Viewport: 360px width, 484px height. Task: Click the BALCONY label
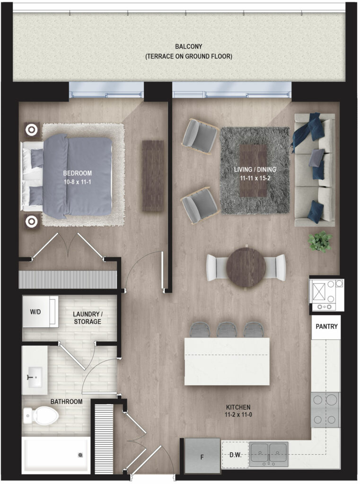tap(188, 46)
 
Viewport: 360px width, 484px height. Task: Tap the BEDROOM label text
tap(77, 173)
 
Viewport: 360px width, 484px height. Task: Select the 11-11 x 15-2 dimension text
tap(255, 178)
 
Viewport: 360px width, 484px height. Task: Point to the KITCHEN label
tap(238, 407)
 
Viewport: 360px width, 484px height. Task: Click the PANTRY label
tap(326, 326)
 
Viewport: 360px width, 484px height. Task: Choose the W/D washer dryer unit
tap(40, 311)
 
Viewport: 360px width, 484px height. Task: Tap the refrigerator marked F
tap(202, 456)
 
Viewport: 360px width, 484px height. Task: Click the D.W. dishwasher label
tap(236, 455)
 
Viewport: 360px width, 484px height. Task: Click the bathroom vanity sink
tap(35, 377)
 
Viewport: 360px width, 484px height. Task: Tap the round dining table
tap(246, 268)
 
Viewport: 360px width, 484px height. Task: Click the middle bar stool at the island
tap(227, 329)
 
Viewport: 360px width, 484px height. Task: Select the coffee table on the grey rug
tap(253, 171)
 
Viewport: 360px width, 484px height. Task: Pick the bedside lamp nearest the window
tap(31, 130)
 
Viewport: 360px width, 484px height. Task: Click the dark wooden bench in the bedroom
tap(153, 176)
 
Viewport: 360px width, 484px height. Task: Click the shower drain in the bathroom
tap(80, 455)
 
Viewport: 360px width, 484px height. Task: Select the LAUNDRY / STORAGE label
tap(88, 318)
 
